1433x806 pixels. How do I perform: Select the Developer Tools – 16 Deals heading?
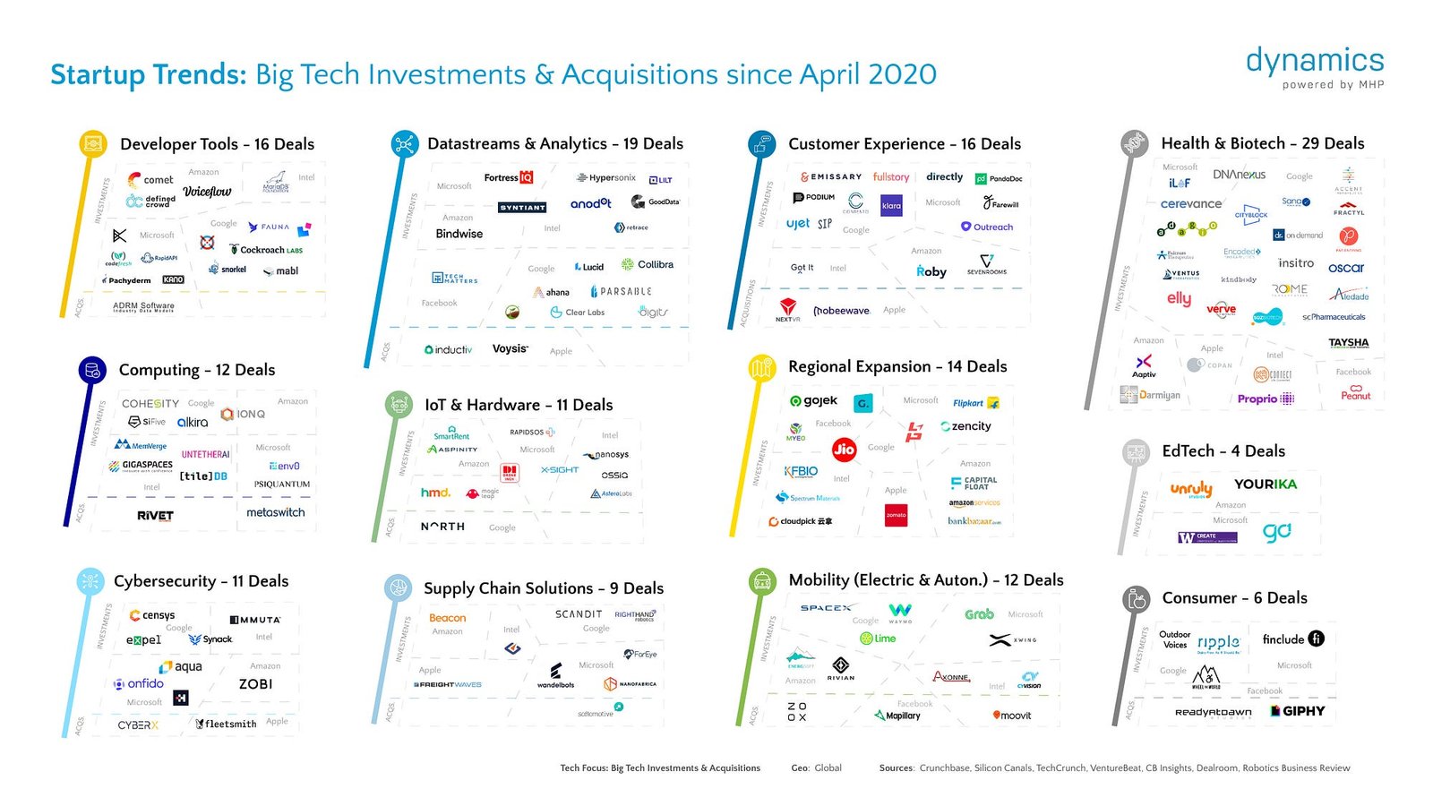click(217, 144)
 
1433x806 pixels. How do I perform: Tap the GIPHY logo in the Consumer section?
click(1297, 711)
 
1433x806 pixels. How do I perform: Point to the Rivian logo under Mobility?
click(840, 668)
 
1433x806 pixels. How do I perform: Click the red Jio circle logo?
click(844, 450)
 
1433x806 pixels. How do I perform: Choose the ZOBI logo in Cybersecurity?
click(255, 684)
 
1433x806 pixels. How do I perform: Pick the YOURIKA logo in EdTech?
click(1265, 484)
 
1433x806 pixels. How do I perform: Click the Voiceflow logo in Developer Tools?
click(207, 192)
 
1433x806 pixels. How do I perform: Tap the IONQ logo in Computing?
click(244, 414)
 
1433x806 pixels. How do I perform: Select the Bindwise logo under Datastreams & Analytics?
click(459, 234)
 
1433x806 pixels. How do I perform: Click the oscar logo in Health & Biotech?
click(1345, 268)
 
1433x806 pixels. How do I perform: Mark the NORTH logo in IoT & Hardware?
click(442, 527)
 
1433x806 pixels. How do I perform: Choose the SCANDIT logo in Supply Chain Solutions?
click(578, 614)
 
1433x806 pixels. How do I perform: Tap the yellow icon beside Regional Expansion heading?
click(761, 367)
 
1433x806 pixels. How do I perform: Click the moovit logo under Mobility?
click(1012, 716)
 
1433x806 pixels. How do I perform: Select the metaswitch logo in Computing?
click(275, 512)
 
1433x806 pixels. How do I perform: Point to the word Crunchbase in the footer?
click(944, 768)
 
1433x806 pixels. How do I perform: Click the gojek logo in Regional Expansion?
click(813, 401)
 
